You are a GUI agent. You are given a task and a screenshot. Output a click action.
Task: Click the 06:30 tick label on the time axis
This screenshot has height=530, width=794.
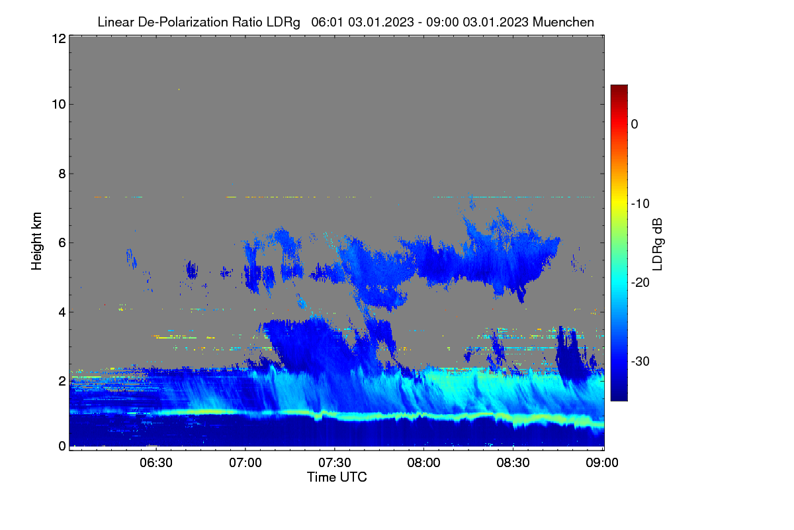click(x=156, y=463)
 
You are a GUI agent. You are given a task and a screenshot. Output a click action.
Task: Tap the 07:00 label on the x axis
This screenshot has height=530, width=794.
click(x=245, y=463)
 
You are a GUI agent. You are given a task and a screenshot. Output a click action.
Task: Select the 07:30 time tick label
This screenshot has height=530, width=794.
click(x=335, y=463)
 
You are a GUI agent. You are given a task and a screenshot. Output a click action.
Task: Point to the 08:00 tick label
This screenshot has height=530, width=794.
click(x=423, y=463)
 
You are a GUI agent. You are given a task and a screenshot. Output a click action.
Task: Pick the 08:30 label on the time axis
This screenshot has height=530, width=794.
click(x=513, y=463)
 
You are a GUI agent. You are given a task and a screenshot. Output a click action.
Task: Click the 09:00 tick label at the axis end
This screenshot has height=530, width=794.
click(x=602, y=463)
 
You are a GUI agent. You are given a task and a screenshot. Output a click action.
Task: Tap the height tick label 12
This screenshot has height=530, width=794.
click(x=59, y=38)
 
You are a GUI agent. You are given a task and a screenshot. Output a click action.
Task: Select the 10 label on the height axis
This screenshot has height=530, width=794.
click(x=59, y=105)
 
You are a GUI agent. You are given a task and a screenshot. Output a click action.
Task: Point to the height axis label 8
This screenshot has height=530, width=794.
click(x=62, y=174)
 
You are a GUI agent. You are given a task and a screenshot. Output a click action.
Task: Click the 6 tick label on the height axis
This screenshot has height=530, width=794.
click(x=62, y=243)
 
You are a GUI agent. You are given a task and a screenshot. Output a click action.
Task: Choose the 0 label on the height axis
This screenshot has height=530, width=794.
click(x=62, y=447)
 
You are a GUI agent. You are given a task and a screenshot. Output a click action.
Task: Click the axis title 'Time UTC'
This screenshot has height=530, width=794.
click(x=337, y=478)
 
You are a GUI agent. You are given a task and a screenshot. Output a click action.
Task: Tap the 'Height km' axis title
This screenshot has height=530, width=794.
click(x=36, y=241)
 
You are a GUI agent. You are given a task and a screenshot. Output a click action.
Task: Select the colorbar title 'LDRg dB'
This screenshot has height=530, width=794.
click(x=658, y=244)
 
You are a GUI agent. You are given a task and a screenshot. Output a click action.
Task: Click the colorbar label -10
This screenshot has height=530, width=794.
click(x=640, y=204)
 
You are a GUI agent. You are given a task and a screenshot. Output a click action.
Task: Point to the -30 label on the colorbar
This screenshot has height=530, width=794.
click(x=640, y=361)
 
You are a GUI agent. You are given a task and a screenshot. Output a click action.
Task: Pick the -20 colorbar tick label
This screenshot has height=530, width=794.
click(x=640, y=283)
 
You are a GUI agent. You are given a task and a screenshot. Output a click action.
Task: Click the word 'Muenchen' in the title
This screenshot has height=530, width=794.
click(x=563, y=22)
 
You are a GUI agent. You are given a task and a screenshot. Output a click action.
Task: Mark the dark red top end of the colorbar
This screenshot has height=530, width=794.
click(x=619, y=87)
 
